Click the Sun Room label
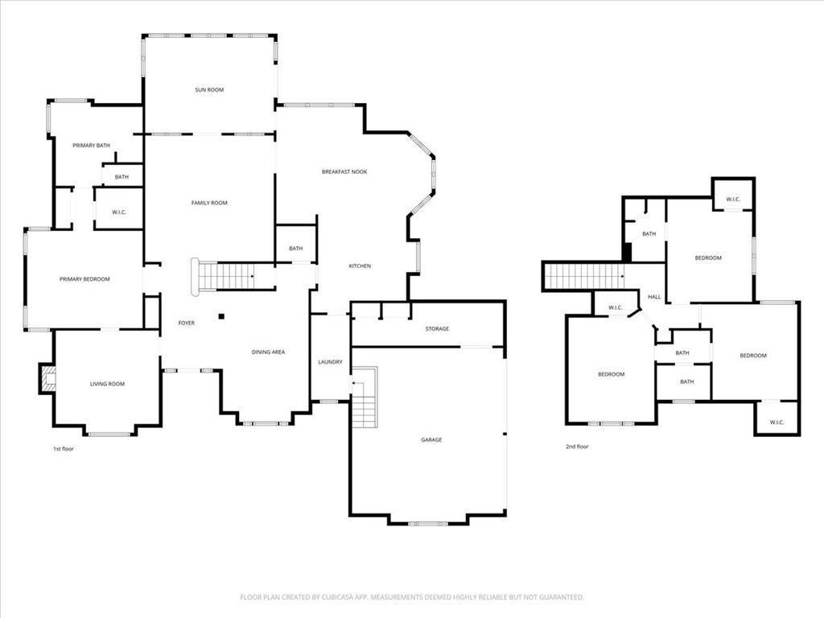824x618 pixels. (x=209, y=90)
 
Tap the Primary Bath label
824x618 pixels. (x=92, y=146)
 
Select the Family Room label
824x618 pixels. (x=209, y=203)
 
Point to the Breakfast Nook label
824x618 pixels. (x=344, y=172)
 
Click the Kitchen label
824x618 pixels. (x=360, y=266)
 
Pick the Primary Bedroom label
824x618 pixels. (x=84, y=279)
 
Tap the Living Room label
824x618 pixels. (x=107, y=384)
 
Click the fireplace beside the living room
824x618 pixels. (x=47, y=378)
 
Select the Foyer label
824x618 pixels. (x=187, y=323)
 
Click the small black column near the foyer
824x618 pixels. (x=222, y=316)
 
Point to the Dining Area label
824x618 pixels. (x=268, y=352)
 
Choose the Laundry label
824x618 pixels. (x=330, y=362)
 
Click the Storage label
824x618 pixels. (x=437, y=329)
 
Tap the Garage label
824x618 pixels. (x=431, y=440)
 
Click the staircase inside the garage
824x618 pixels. (x=365, y=398)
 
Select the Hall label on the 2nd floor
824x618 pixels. (x=654, y=297)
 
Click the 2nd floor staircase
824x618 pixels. (x=584, y=277)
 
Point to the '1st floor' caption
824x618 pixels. (x=64, y=449)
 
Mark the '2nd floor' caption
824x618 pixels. (x=577, y=447)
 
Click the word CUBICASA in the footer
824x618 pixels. (x=340, y=598)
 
